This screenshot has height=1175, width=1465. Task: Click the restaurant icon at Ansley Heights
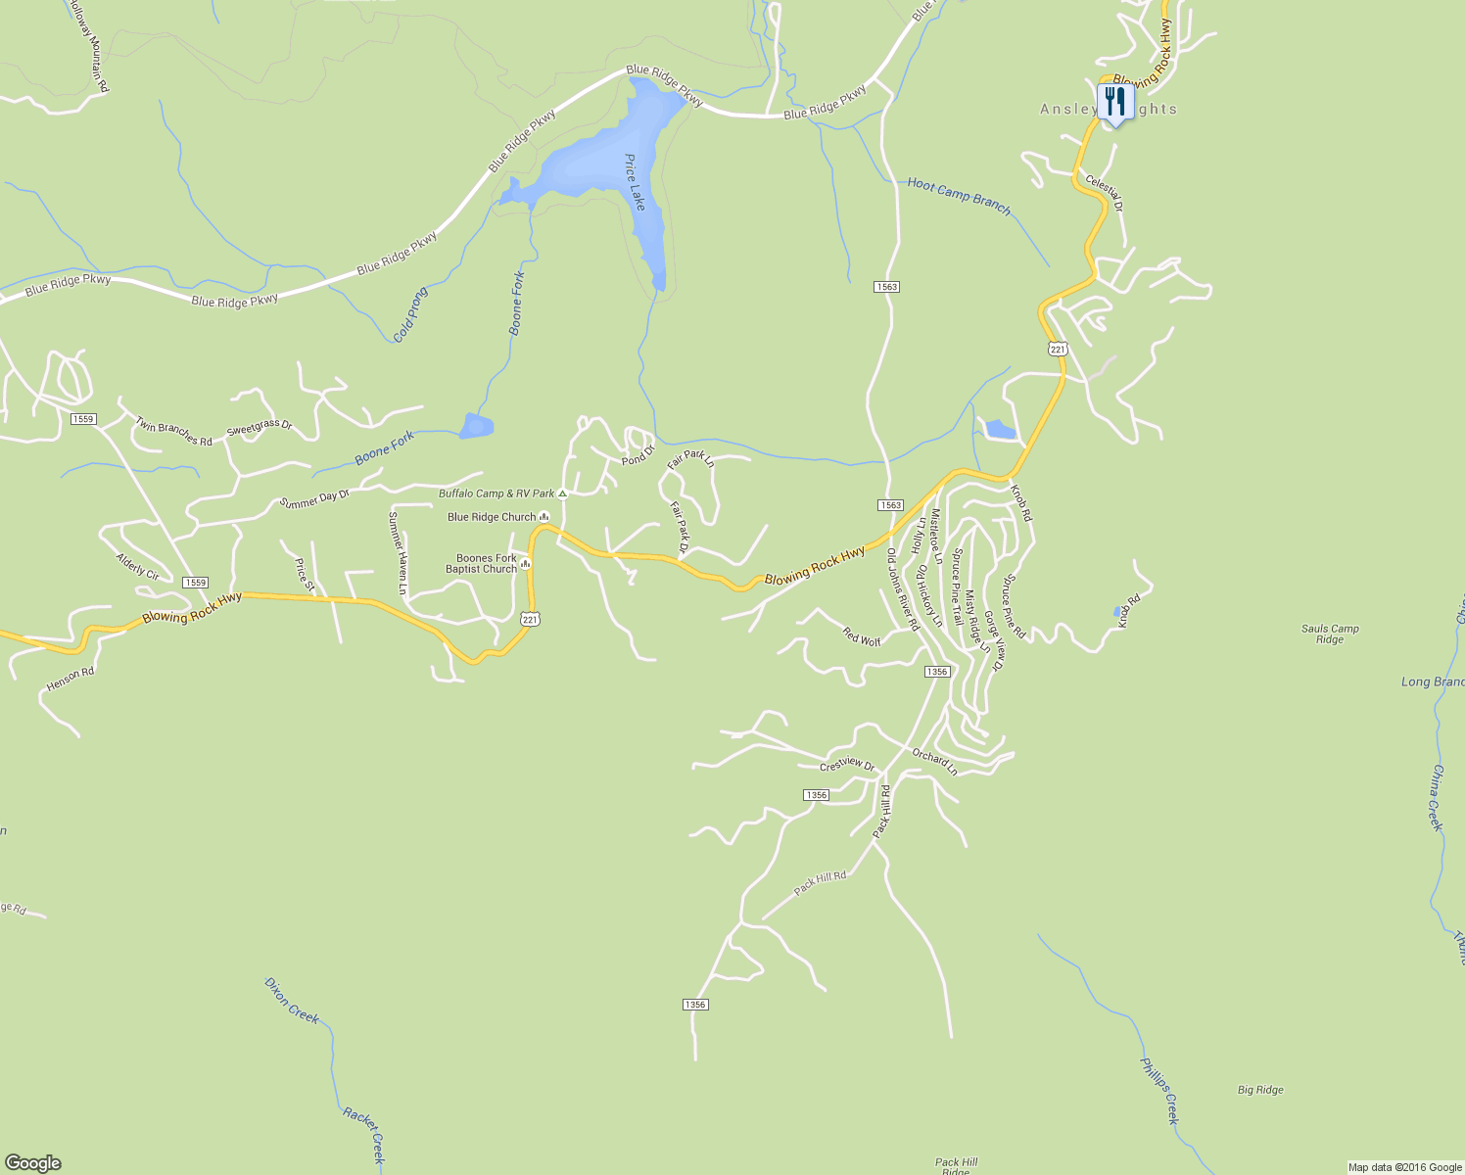point(1115,102)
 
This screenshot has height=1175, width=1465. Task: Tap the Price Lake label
point(636,182)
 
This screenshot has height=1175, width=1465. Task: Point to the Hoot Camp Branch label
point(958,196)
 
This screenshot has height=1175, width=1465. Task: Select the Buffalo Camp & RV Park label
point(496,493)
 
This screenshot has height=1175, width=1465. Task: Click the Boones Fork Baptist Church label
point(481,564)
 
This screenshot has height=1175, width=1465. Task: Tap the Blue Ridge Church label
point(492,517)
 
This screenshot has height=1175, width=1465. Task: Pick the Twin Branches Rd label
point(173,432)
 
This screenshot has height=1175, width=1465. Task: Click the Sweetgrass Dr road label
point(260,429)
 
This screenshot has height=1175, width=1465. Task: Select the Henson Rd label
point(71,680)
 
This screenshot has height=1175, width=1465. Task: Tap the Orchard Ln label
point(934,762)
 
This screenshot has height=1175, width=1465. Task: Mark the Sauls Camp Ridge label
point(1330,634)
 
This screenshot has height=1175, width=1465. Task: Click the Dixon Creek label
point(292,1000)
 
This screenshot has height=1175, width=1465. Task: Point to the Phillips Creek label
point(1159,1091)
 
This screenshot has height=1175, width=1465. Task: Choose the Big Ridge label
point(1260,1090)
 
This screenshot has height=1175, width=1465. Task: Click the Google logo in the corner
point(32,1163)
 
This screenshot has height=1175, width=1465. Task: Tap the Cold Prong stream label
point(410,315)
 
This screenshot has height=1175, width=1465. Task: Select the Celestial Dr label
point(1104,193)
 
